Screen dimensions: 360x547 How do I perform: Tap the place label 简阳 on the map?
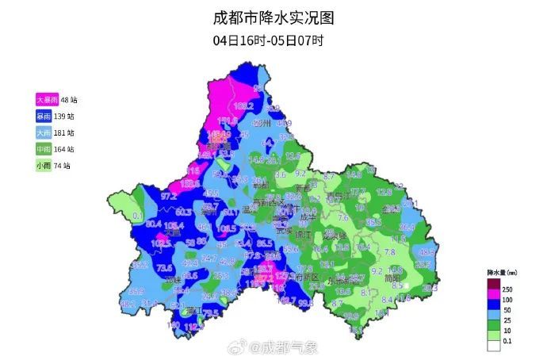389,278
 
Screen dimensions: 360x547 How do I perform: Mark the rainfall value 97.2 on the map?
168,195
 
